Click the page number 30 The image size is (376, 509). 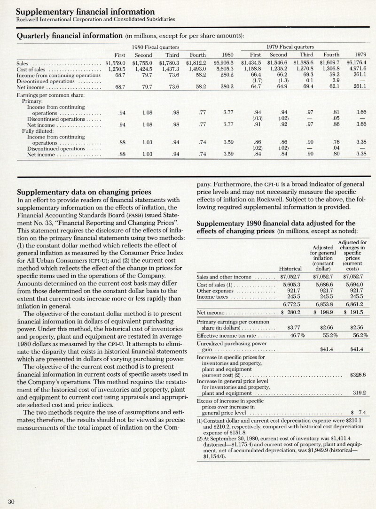point(11,501)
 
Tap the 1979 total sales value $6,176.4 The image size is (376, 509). point(356,62)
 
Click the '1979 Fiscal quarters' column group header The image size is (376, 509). point(290,47)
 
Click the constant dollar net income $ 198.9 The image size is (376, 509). point(321,313)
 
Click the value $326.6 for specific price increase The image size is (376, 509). point(358,375)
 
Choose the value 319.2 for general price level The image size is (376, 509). point(359,393)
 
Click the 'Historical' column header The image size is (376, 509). point(290,269)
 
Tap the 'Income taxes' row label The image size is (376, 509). point(213,297)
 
